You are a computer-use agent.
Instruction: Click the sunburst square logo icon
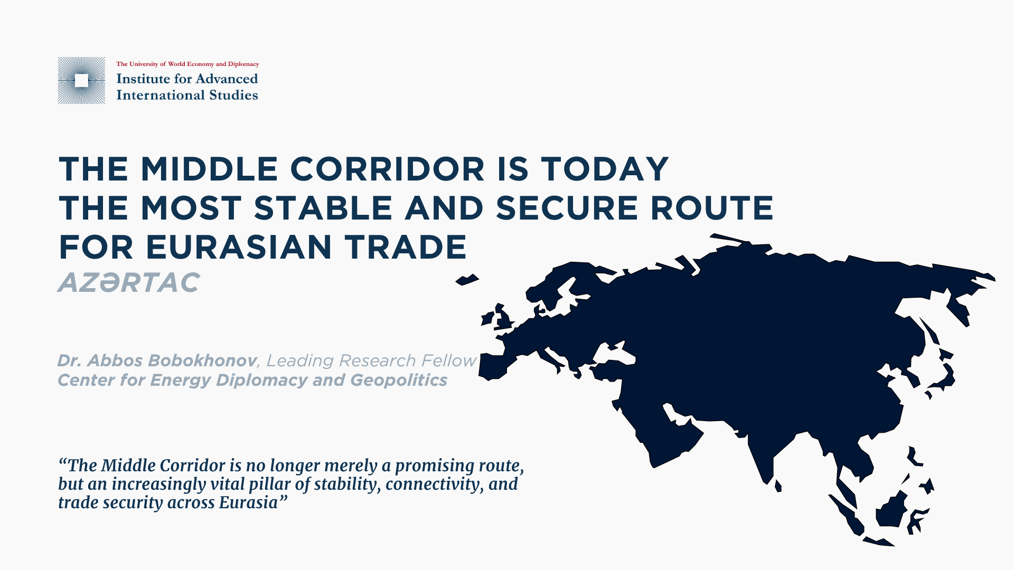pos(81,80)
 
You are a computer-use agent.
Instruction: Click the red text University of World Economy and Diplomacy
pos(194,64)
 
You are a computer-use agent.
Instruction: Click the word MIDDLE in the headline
pos(209,169)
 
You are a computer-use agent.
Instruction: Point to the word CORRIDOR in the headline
pos(387,169)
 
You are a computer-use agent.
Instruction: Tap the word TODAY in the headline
pos(605,169)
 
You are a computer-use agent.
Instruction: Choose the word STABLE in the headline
pos(323,208)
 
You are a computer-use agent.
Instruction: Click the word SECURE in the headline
pos(567,208)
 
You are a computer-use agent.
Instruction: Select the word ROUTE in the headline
pos(712,208)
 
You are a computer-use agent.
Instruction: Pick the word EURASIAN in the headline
pos(239,247)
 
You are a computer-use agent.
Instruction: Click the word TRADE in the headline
pos(406,247)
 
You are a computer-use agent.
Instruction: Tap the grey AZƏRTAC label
pos(129,282)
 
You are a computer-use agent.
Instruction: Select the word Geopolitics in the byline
pos(399,380)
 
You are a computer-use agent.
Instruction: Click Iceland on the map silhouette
pos(467,280)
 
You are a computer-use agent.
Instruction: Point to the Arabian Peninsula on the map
pos(670,430)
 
